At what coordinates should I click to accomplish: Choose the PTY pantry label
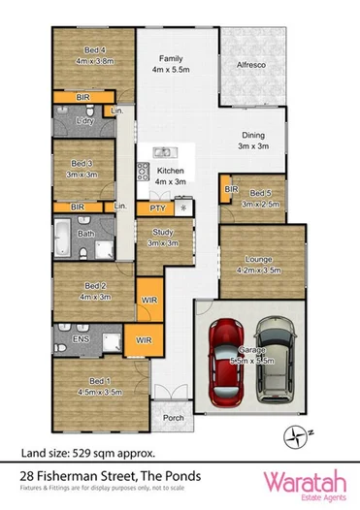click(155, 208)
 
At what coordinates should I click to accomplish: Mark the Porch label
click(173, 419)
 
